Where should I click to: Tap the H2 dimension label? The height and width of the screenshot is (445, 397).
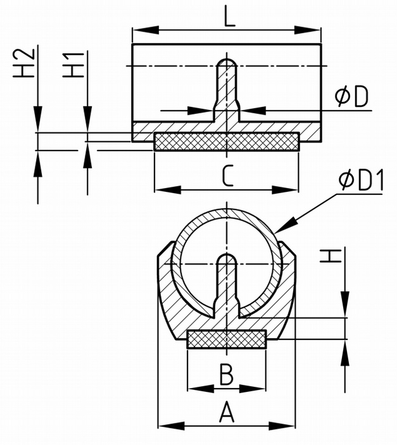[23, 63]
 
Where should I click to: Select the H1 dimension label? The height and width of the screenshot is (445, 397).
[73, 65]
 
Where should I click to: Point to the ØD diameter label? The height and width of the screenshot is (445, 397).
[351, 96]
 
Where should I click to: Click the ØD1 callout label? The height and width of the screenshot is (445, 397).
[361, 180]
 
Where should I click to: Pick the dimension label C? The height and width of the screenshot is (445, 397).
[228, 176]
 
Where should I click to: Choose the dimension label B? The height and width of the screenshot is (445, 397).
[227, 374]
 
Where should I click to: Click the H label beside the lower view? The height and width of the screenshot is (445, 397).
[331, 256]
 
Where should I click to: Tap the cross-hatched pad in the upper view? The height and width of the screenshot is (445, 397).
[226, 141]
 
